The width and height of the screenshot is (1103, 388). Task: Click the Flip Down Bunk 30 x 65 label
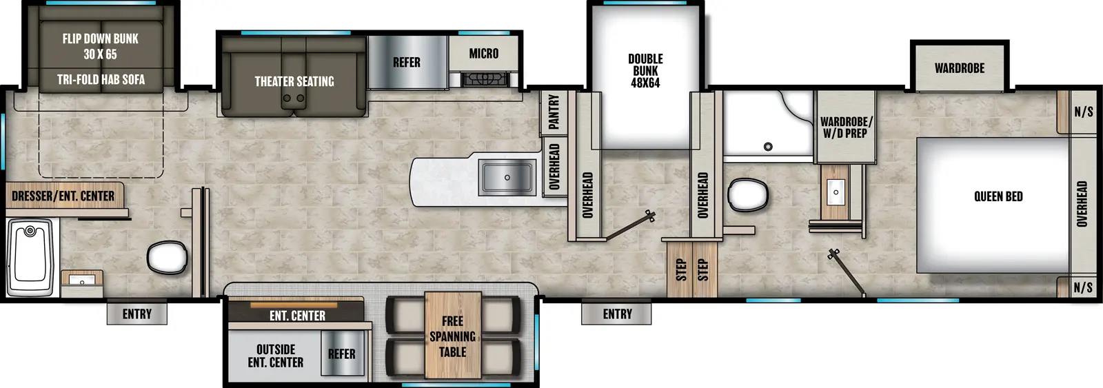[101, 46]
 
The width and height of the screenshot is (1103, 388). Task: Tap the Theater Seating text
[294, 81]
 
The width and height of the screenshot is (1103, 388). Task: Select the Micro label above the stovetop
[483, 53]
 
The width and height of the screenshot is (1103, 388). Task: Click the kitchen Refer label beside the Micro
[406, 63]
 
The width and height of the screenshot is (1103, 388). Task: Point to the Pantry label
[554, 112]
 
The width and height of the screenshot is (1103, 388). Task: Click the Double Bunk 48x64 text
[645, 71]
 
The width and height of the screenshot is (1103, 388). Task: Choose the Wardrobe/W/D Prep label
[846, 127]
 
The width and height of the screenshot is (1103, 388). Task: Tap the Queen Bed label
[998, 196]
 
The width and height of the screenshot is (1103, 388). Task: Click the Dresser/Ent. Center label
[63, 196]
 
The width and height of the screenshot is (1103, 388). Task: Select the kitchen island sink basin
[507, 177]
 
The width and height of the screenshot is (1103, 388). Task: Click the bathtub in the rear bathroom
[30, 256]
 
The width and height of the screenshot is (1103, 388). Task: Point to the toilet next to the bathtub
[167, 257]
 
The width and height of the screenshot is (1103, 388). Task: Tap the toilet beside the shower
[748, 194]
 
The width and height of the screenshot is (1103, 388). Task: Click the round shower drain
[768, 146]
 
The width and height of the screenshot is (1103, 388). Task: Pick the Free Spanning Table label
[452, 336]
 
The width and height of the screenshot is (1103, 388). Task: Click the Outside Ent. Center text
[276, 356]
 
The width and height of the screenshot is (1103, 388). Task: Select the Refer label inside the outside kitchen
[342, 354]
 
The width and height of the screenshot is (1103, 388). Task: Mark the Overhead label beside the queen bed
[1082, 204]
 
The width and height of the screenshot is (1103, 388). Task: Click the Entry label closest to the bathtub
[137, 314]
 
